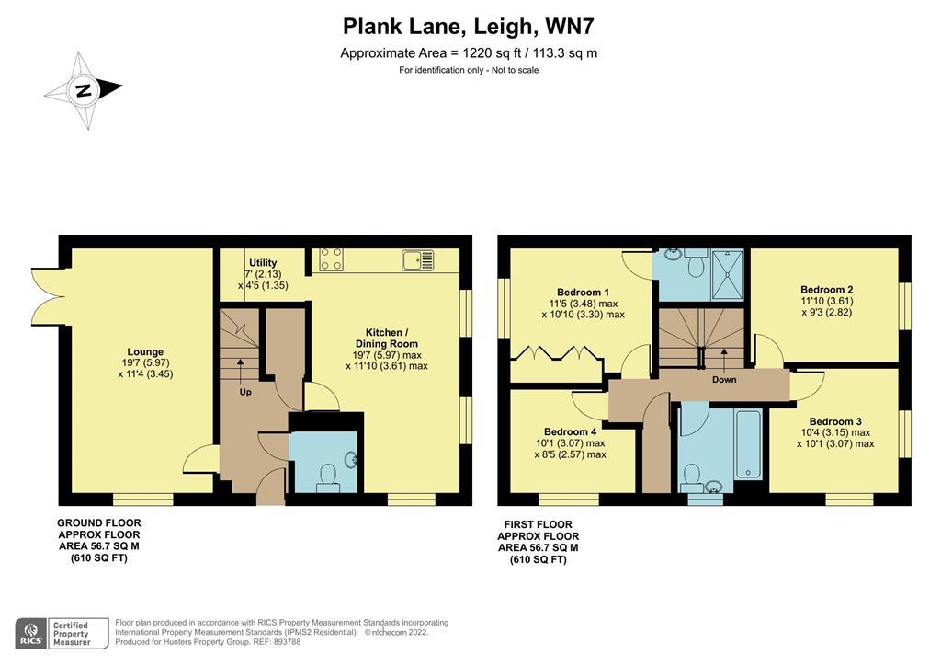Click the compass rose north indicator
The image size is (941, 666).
[x=84, y=90]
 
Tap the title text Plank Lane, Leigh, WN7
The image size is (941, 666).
[x=470, y=26]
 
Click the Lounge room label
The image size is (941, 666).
[x=145, y=351]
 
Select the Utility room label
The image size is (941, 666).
[x=263, y=263]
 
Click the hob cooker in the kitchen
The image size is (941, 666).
[x=332, y=260]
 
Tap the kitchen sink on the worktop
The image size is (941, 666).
[x=417, y=260]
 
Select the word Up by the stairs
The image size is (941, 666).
[x=245, y=393]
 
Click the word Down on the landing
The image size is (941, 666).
[x=724, y=379]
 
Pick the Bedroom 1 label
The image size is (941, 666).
[x=583, y=293]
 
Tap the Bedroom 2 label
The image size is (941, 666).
[x=827, y=289]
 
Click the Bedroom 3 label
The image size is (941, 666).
[x=834, y=421]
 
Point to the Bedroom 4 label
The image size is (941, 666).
[x=570, y=432]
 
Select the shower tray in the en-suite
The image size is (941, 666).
[x=726, y=274]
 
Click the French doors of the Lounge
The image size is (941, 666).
[x=48, y=296]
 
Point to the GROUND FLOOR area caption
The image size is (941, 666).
[x=99, y=540]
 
